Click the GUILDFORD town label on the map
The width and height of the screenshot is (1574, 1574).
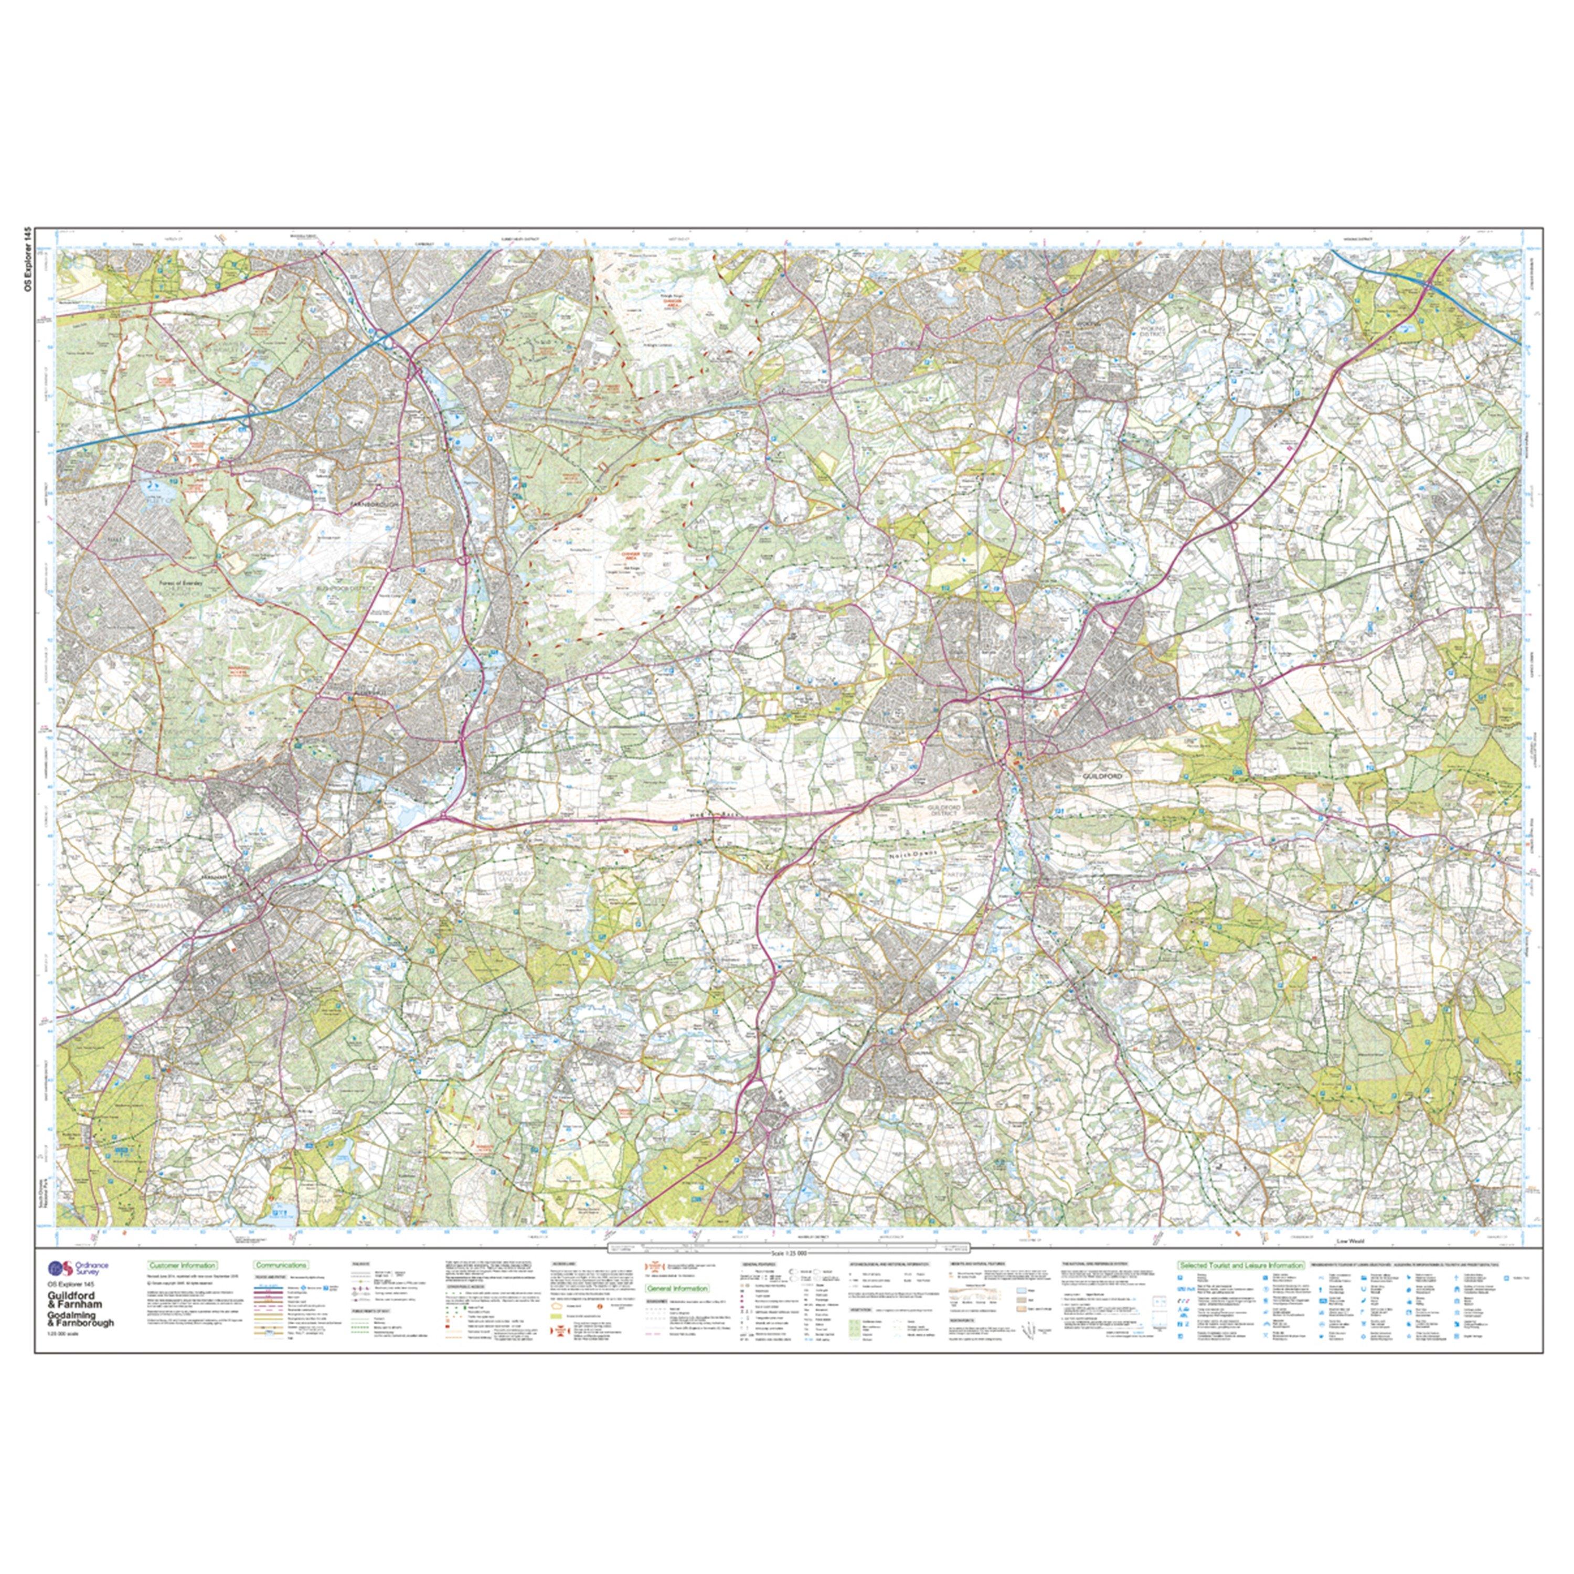coord(1103,777)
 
